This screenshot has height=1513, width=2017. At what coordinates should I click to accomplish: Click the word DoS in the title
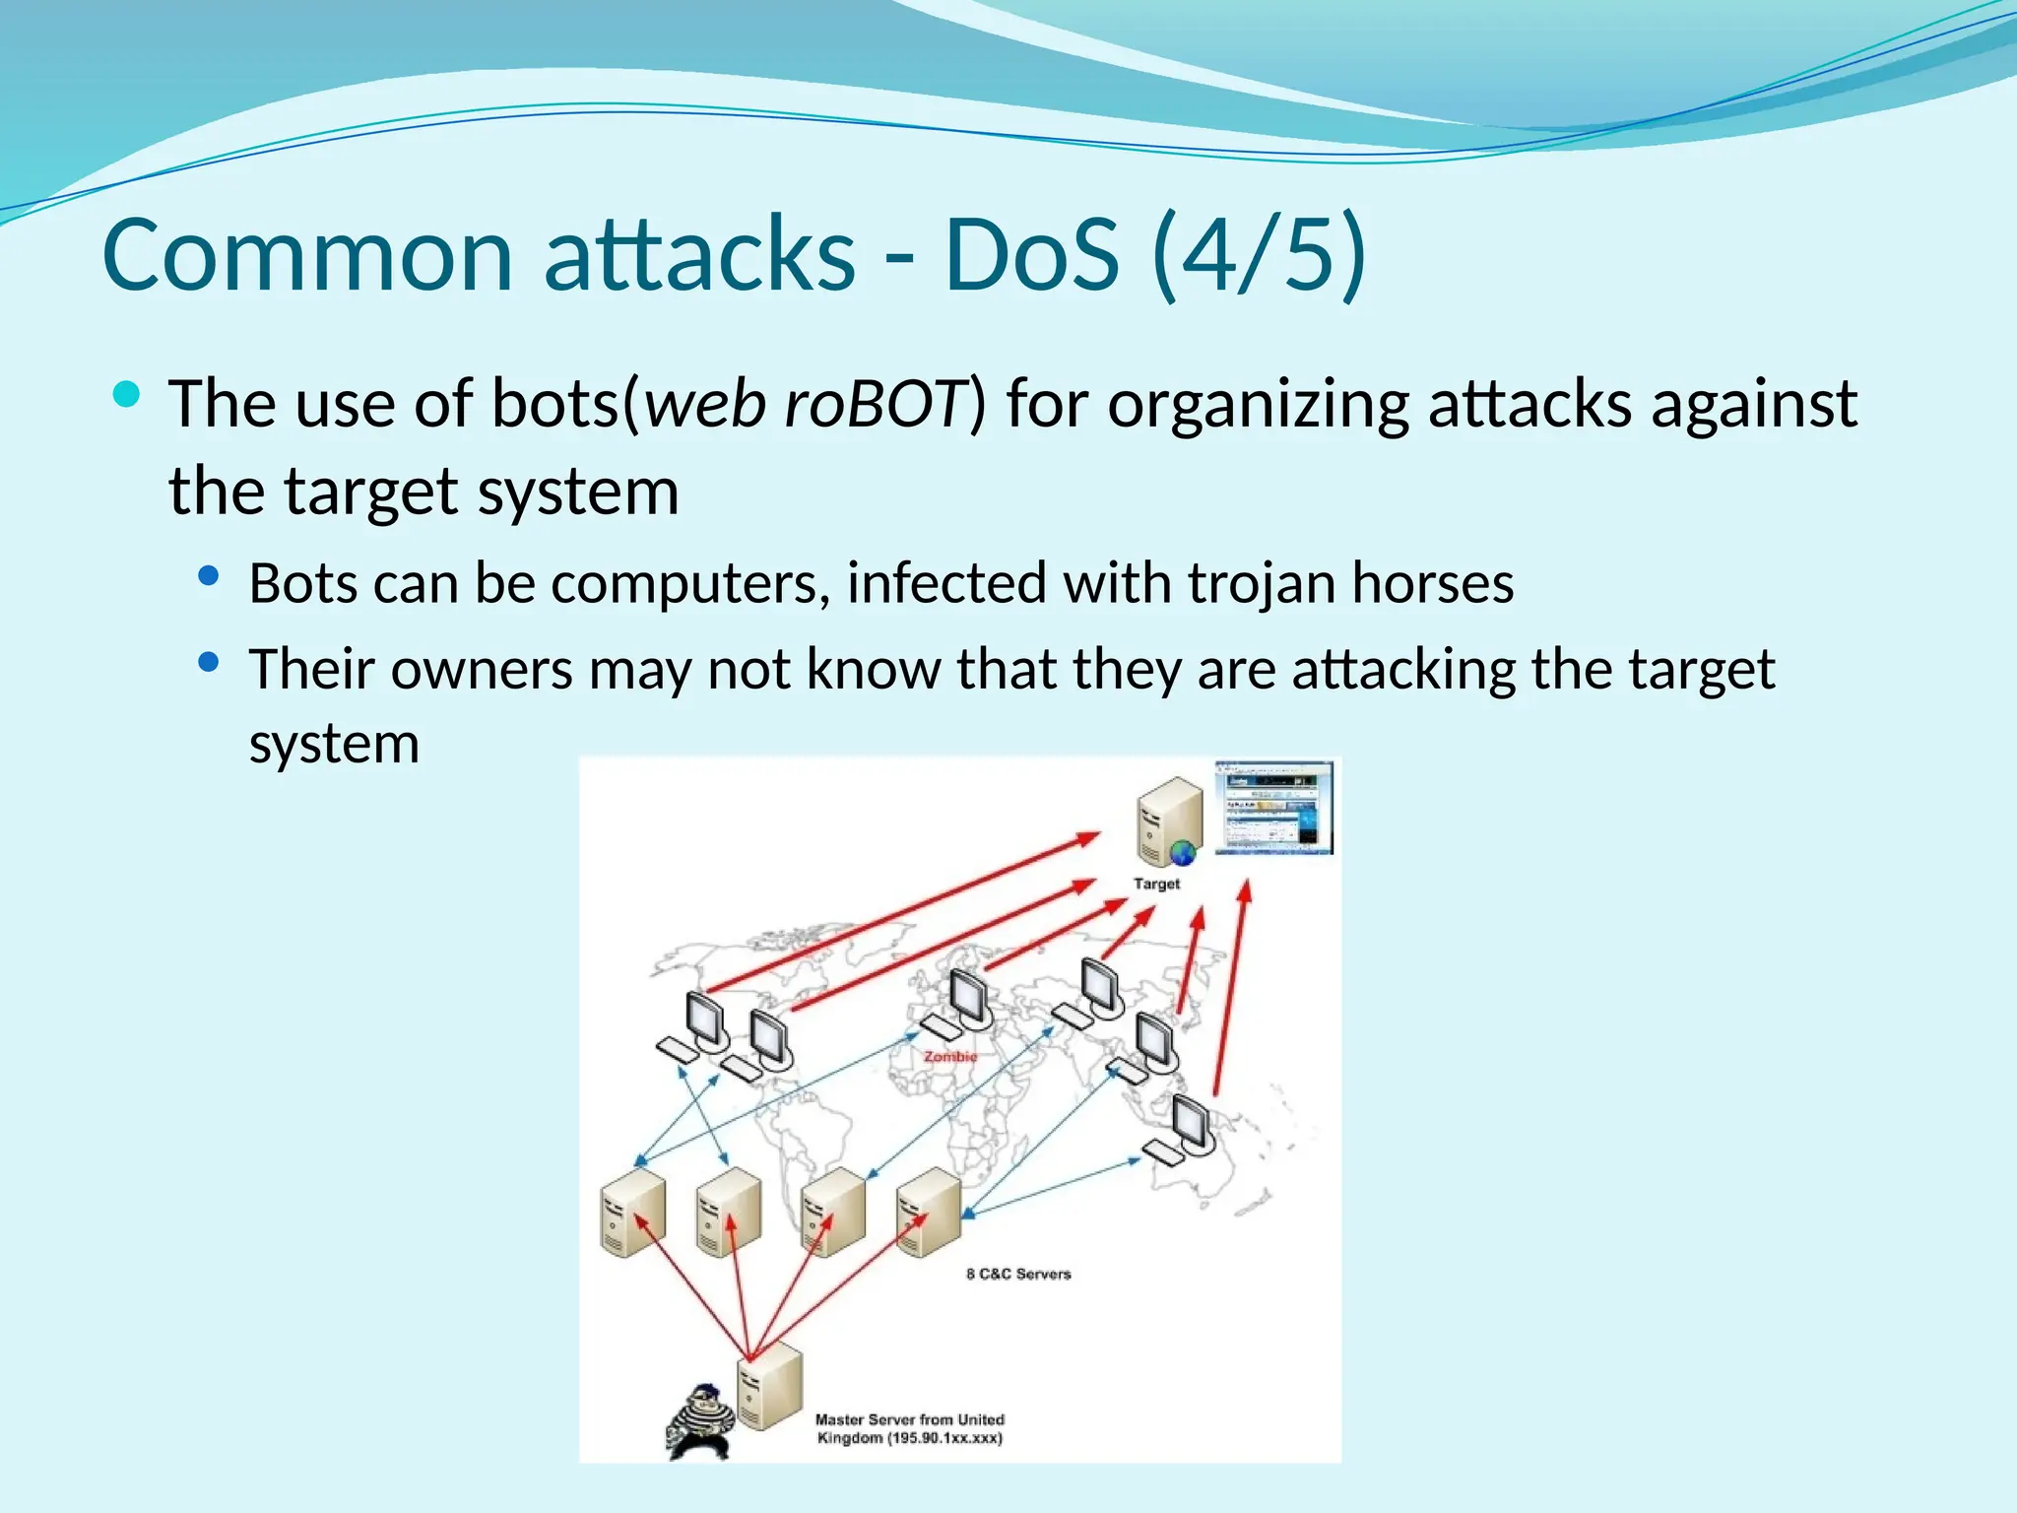pyautogui.click(x=1031, y=255)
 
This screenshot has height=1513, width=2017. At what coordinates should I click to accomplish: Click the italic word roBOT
pyautogui.click(x=874, y=404)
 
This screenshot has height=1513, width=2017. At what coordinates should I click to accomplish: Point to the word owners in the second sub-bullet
pyautogui.click(x=482, y=670)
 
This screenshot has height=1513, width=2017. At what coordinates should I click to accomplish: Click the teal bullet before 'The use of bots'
pyautogui.click(x=127, y=396)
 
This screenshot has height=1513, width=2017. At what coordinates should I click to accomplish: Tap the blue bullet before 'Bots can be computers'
pyautogui.click(x=208, y=577)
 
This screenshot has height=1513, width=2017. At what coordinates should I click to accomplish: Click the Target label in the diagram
pyautogui.click(x=1156, y=884)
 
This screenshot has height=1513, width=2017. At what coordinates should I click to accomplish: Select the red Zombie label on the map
pyautogui.click(x=950, y=1056)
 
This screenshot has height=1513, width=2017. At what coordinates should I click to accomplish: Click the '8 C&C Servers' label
pyautogui.click(x=1018, y=1274)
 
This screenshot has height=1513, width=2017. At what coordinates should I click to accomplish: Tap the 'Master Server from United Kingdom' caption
pyautogui.click(x=909, y=1428)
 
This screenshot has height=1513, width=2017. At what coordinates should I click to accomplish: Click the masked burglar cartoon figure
pyautogui.click(x=700, y=1420)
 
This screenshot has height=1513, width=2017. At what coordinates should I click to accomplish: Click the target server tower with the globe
pyautogui.click(x=1169, y=821)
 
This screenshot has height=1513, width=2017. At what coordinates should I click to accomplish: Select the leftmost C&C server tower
pyautogui.click(x=632, y=1213)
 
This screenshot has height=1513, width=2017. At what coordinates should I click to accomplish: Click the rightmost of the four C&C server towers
pyautogui.click(x=928, y=1213)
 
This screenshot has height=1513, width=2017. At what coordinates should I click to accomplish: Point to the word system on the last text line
pyautogui.click(x=334, y=744)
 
